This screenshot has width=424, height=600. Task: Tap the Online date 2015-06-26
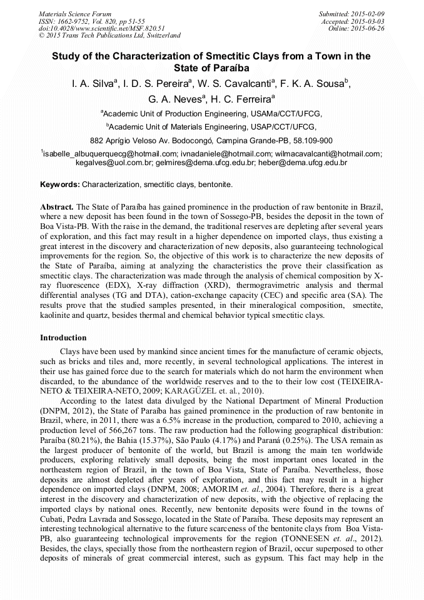tap(370, 28)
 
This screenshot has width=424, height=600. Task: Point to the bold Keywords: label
tap(60, 185)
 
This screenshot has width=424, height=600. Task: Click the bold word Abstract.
tap(57, 206)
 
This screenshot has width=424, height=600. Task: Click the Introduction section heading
tap(63, 338)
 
